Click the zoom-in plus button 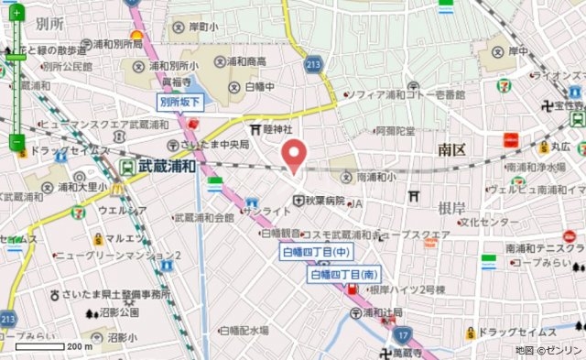tap(16, 14)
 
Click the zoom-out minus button tap(16, 142)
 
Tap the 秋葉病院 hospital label tap(325, 201)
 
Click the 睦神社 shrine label tap(276, 130)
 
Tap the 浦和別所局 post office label tap(114, 44)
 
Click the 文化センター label tap(483, 222)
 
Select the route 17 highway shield tap(401, 337)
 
